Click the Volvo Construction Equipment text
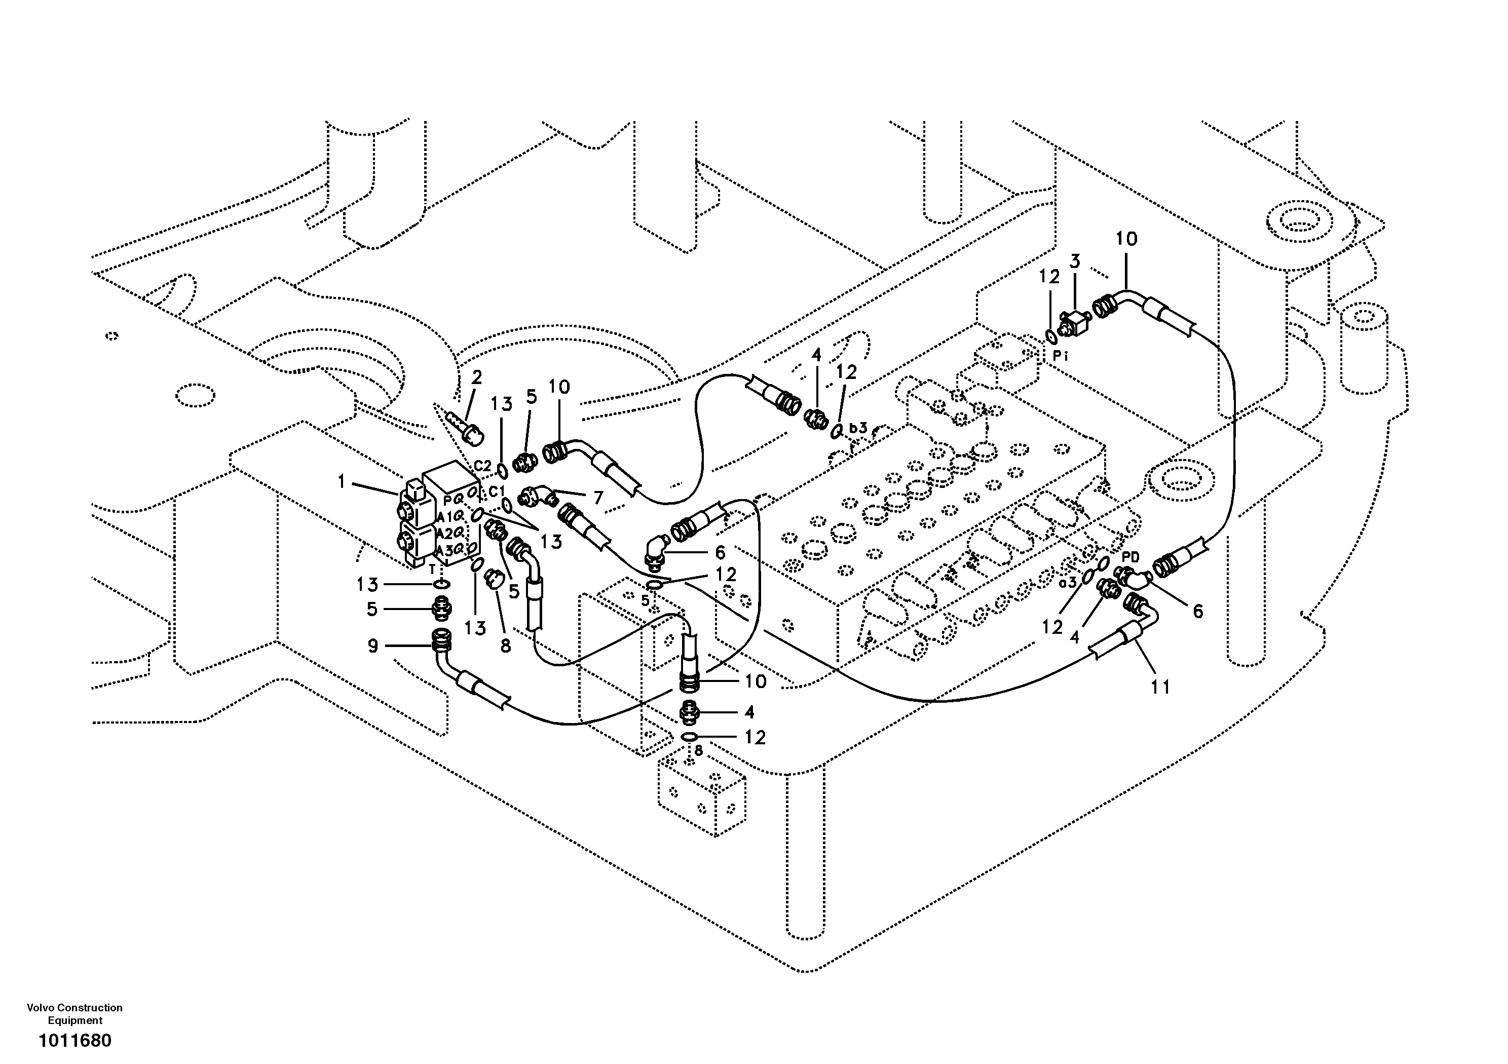pyautogui.click(x=75, y=1014)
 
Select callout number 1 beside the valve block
pyautogui.click(x=342, y=483)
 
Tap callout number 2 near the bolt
pyautogui.click(x=477, y=377)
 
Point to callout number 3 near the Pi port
pyautogui.click(x=1075, y=261)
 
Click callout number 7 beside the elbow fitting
pyautogui.click(x=598, y=498)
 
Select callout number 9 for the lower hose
pyautogui.click(x=372, y=647)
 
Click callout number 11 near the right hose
pyautogui.click(x=1160, y=687)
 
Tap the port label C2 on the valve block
pyautogui.click(x=483, y=466)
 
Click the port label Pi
pyautogui.click(x=1060, y=357)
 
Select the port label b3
pyautogui.click(x=858, y=428)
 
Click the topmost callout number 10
pyautogui.click(x=1126, y=239)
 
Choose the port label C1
pyautogui.click(x=497, y=492)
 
